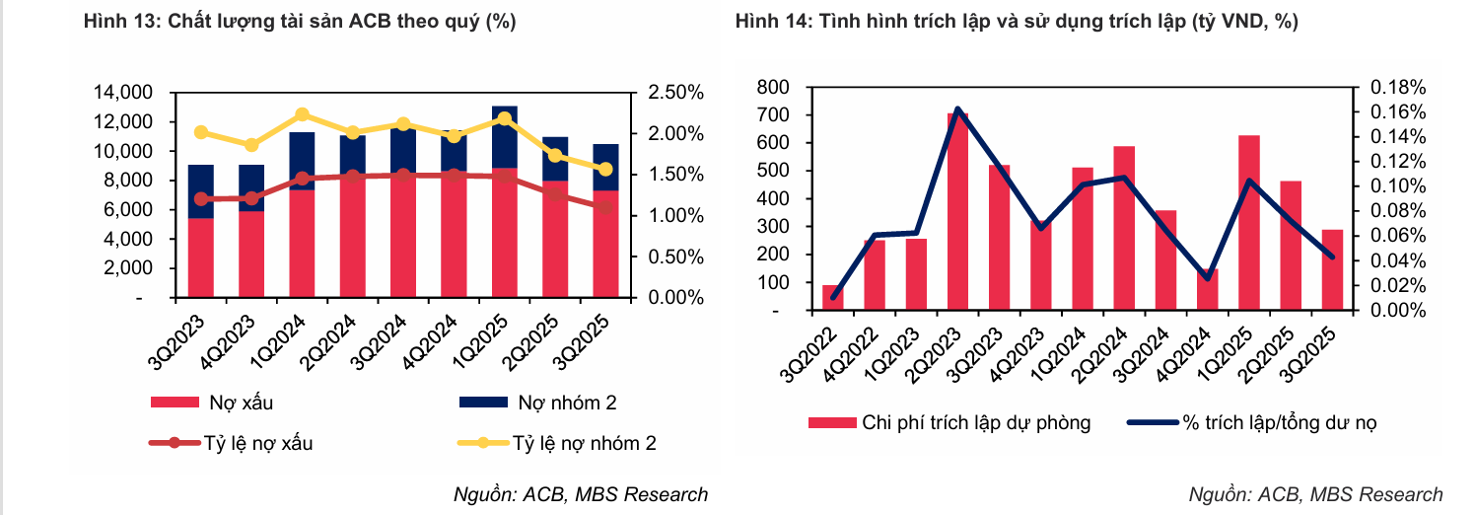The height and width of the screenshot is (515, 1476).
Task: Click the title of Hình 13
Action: click(300, 23)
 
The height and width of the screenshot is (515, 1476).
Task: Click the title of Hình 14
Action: click(1016, 23)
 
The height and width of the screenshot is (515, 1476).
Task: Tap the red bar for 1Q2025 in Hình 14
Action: click(1249, 222)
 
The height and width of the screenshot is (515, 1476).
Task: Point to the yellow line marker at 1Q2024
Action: click(303, 114)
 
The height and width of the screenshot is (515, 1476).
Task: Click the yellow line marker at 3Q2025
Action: click(605, 169)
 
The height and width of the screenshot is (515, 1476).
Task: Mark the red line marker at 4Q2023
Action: click(251, 198)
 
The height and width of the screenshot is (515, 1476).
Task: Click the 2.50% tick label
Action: click(675, 93)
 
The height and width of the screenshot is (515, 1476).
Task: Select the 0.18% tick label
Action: click(1397, 87)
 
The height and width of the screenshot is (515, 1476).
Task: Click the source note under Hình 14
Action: click(1315, 494)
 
